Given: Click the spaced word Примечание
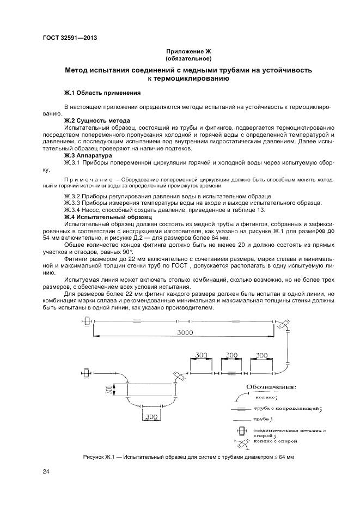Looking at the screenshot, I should coord(87,179).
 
